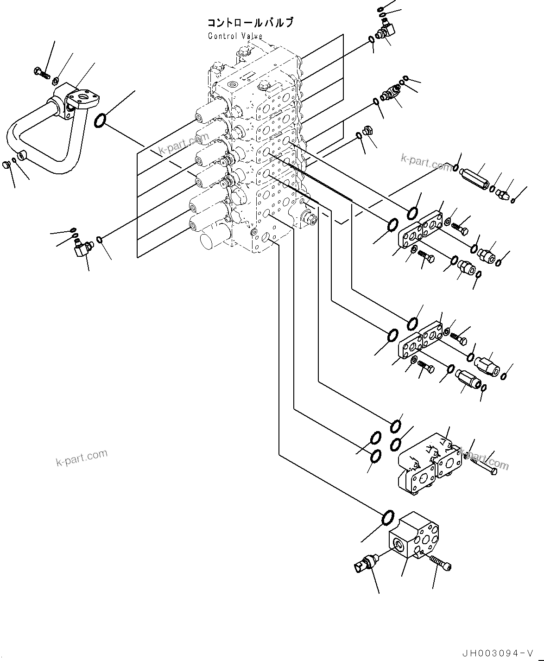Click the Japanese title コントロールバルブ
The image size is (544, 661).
coord(250,23)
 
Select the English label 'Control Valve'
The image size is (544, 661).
coord(235,36)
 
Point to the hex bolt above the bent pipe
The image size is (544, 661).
coord(41,72)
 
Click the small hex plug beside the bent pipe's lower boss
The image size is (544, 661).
coord(6,165)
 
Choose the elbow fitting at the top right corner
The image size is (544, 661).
coord(386,32)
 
